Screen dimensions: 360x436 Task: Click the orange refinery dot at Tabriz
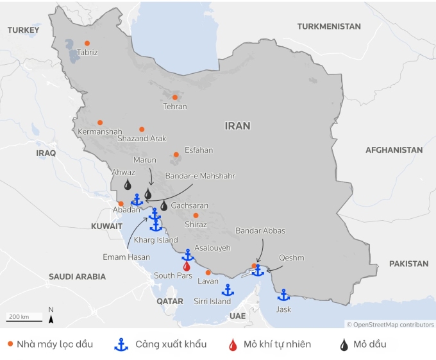click(87, 44)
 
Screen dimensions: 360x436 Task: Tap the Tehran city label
click(174, 107)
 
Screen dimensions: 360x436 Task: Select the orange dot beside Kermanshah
click(100, 123)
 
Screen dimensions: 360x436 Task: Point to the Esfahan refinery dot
click(176, 155)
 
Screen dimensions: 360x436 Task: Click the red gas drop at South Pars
click(187, 266)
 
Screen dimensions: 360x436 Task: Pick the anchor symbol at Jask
click(283, 295)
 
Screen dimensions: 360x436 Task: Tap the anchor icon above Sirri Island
click(228, 290)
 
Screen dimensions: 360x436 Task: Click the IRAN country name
click(237, 126)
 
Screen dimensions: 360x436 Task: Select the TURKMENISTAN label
click(328, 26)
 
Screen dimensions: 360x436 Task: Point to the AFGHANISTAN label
click(394, 150)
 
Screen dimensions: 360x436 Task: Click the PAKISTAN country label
click(408, 264)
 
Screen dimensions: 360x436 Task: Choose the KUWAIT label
click(106, 227)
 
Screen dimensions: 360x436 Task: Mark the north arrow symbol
click(51, 316)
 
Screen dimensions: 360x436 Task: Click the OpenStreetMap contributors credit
click(390, 325)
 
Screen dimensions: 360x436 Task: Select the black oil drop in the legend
click(346, 345)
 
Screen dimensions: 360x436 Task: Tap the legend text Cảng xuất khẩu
click(171, 345)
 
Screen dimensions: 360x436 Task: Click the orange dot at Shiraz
click(196, 216)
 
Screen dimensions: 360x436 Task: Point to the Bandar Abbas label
click(260, 230)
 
